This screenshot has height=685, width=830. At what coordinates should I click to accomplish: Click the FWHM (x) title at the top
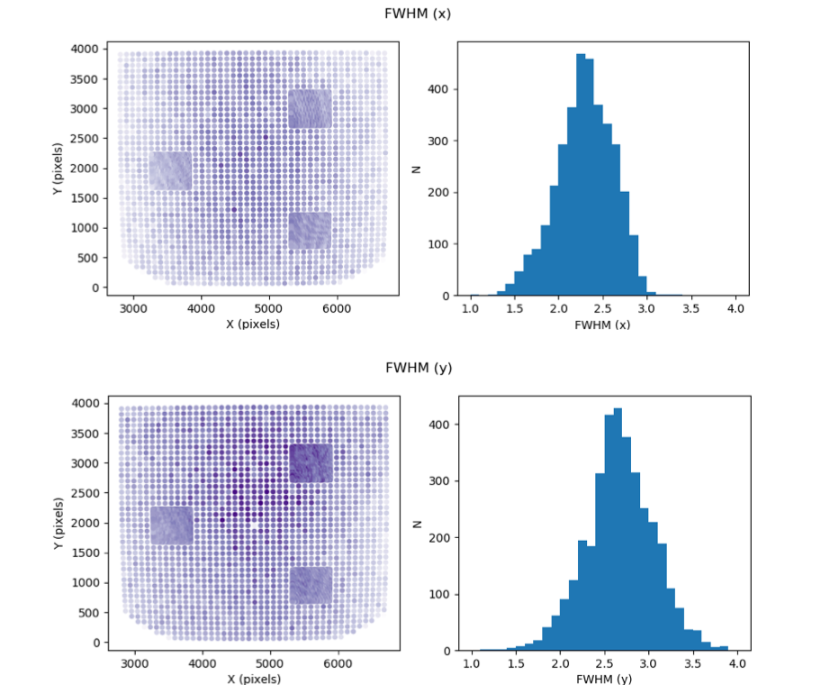coord(418,14)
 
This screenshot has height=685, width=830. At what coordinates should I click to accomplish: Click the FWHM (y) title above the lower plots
coord(419,368)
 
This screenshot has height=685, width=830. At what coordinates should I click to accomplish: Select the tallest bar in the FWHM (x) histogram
coord(581,175)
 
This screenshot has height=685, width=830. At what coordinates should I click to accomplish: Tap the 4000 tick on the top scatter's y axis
coord(85,50)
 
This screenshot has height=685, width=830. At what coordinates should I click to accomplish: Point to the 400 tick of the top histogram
coord(438,89)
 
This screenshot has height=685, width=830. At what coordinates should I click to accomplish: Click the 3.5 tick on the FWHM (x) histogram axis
coord(690,308)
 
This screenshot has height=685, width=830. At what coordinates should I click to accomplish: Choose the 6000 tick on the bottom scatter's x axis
coord(338,663)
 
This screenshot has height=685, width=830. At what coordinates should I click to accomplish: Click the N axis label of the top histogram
coord(417,169)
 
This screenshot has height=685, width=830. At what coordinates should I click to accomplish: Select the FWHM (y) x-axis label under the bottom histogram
coord(604,679)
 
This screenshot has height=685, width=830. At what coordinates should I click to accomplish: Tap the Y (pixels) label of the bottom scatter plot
coord(59,524)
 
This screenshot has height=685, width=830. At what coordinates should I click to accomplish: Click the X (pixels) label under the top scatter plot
coord(253,324)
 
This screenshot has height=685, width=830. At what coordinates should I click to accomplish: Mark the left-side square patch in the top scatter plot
coord(170,170)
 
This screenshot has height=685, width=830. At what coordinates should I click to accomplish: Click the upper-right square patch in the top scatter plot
coord(311,109)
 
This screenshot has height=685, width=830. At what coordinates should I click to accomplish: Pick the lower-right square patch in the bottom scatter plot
coord(311,585)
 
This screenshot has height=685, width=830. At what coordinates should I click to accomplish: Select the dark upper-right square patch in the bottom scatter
coord(311,463)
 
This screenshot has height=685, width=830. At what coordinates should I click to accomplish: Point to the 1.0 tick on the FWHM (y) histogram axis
coord(472,663)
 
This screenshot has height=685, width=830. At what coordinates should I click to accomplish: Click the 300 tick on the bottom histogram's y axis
coord(439,481)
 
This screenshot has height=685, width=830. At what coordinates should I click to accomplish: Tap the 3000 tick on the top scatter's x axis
coord(133,308)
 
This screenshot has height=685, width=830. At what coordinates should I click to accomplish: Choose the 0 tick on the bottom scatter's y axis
coord(96,643)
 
